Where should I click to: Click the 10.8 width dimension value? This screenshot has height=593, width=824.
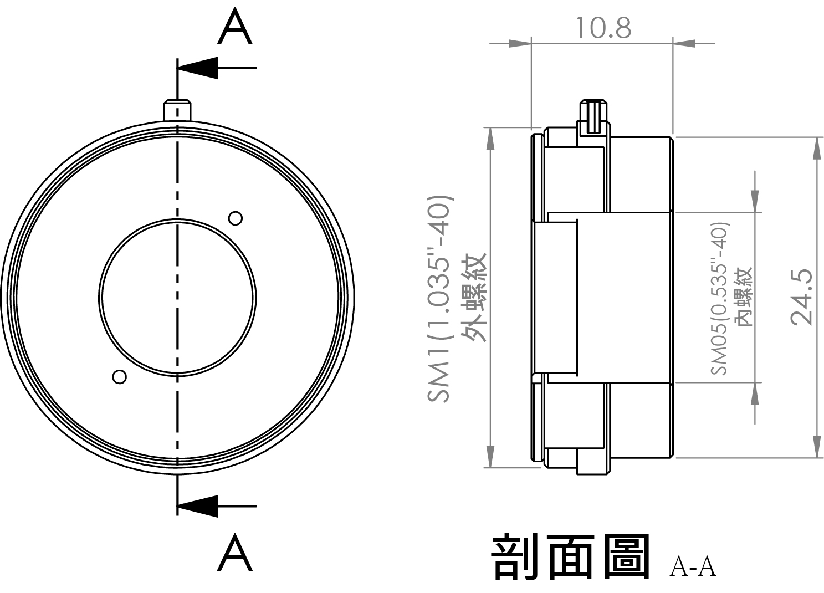tap(603, 28)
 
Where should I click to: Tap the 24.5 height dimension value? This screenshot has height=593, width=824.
tap(802, 297)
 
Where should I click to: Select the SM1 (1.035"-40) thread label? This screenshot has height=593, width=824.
tap(439, 299)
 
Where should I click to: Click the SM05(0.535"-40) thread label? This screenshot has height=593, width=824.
tap(719, 299)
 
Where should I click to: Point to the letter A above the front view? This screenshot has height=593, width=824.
tap(235, 27)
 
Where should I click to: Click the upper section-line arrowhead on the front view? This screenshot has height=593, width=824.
tap(197, 68)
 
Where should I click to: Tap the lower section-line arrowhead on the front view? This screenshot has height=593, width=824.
tap(197, 506)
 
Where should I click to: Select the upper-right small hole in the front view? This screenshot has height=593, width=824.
tap(236, 218)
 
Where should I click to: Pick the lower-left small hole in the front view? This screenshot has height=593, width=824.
tap(120, 377)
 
